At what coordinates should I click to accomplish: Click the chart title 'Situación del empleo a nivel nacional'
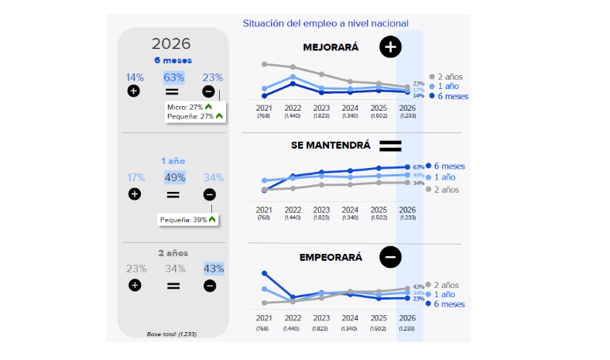pyautogui.click(x=325, y=23)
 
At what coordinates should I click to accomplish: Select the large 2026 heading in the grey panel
pyautogui.click(x=171, y=44)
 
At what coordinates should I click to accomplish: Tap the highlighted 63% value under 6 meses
pyautogui.click(x=173, y=77)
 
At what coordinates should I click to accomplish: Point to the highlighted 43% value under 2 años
pyautogui.click(x=214, y=269)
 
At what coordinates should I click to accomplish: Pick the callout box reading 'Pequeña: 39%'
pyautogui.click(x=188, y=220)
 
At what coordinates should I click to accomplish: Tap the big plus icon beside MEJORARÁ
pyautogui.click(x=390, y=47)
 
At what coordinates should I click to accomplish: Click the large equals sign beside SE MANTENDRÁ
pyautogui.click(x=390, y=146)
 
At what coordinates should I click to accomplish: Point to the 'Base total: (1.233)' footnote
pyautogui.click(x=171, y=334)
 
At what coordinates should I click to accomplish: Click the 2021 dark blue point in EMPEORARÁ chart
pyautogui.click(x=265, y=273)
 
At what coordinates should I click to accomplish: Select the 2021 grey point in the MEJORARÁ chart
pyautogui.click(x=265, y=63)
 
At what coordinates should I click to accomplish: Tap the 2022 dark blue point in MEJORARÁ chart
pyautogui.click(x=293, y=84)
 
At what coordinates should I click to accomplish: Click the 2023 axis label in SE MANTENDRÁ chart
pyautogui.click(x=321, y=210)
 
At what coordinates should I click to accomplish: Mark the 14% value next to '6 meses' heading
pyautogui.click(x=135, y=77)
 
